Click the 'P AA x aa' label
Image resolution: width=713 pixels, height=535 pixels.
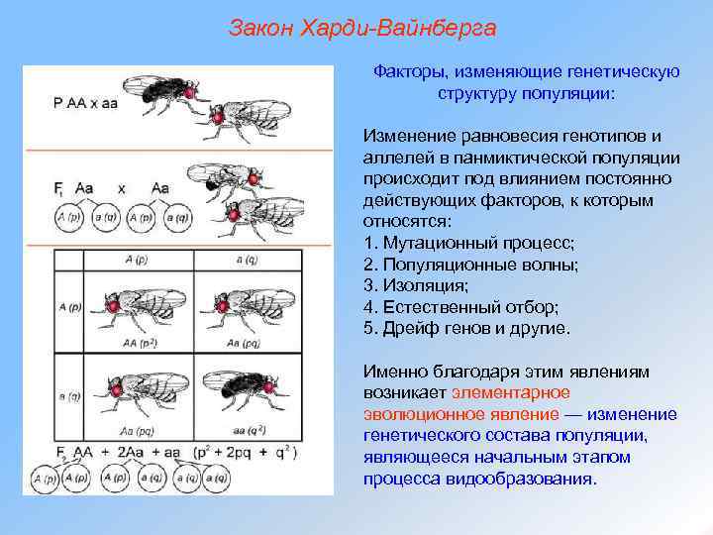tap(86, 102)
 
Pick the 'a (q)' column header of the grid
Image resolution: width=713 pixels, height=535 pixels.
tap(241, 261)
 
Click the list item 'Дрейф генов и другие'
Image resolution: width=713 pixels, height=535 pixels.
tap(476, 327)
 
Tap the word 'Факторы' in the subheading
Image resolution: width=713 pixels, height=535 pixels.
tap(406, 71)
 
